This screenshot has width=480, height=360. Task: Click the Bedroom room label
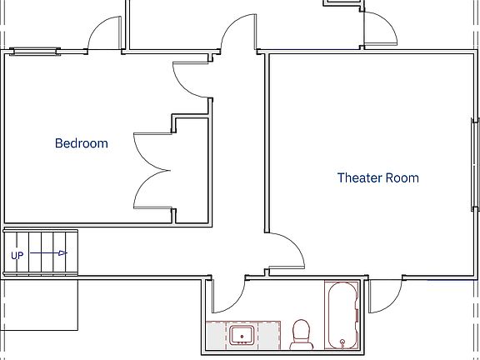81,143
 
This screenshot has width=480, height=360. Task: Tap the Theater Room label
377,177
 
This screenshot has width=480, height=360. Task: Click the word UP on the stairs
17,255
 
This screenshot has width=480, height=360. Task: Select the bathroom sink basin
242,336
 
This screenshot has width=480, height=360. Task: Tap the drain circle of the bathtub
342,342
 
